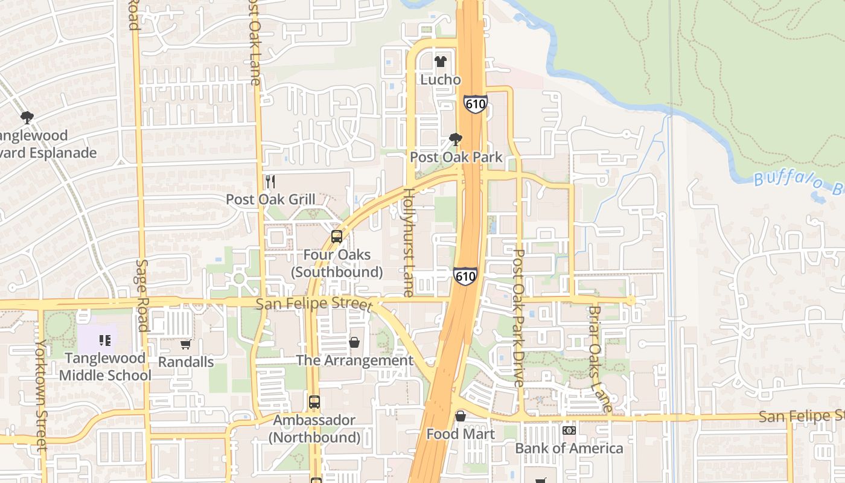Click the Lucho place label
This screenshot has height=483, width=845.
[x=441, y=80]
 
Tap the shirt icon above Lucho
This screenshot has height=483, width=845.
[x=441, y=62]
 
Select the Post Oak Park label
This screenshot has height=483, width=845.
[x=456, y=157]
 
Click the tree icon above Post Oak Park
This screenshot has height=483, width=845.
[x=456, y=140]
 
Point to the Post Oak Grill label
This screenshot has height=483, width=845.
[x=270, y=199]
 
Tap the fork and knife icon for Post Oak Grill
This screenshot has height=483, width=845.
[x=270, y=181]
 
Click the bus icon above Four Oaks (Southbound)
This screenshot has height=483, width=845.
[x=337, y=237]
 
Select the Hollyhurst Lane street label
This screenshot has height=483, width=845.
[x=409, y=243]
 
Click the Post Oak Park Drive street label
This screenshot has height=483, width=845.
[x=518, y=318]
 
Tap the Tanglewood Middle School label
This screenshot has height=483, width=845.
[x=105, y=366]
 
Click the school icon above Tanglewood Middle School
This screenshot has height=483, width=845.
[x=105, y=341]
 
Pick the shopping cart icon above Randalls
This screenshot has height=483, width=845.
[x=186, y=345]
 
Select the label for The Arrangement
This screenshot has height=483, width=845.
[x=354, y=360]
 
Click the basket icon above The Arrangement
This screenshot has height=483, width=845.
[x=354, y=343]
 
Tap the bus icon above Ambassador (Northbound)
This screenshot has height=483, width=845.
[x=314, y=402]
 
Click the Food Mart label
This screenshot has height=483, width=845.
[x=461, y=434]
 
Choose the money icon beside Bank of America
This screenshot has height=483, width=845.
[x=569, y=430]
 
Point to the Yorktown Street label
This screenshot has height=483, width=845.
[x=40, y=395]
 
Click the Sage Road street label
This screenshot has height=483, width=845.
[x=142, y=296]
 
